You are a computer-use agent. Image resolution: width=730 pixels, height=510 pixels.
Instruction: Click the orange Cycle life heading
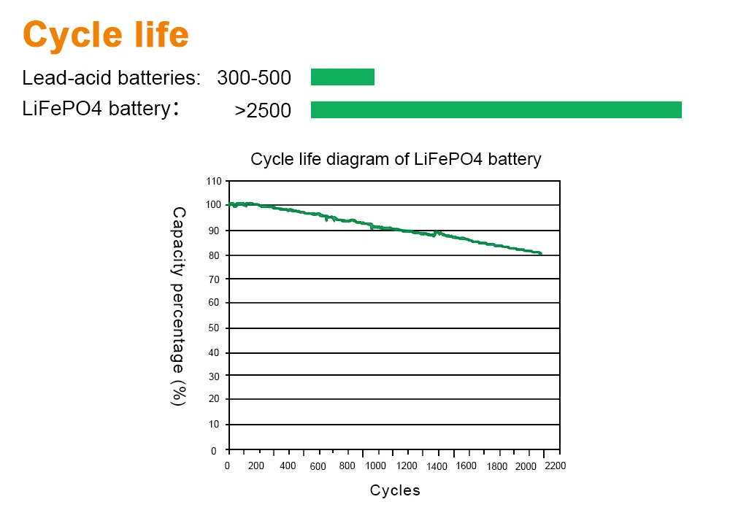(106, 34)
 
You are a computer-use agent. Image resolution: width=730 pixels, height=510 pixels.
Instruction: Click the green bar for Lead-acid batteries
(342, 77)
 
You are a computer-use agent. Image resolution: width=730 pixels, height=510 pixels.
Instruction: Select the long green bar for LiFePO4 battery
(496, 109)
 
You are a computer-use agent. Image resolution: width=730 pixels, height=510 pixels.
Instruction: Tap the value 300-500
(254, 78)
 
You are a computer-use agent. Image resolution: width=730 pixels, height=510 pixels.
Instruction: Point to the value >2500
(263, 111)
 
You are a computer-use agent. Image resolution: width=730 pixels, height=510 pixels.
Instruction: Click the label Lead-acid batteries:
(111, 78)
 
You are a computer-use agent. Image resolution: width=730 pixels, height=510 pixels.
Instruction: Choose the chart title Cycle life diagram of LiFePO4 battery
(396, 159)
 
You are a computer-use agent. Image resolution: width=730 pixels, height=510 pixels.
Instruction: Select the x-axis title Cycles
(395, 490)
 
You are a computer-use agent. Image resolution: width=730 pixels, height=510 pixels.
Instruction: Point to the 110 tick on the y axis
(212, 180)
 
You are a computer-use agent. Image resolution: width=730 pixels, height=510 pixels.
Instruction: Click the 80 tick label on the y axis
(214, 255)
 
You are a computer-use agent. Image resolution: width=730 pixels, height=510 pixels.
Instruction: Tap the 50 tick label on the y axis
(214, 328)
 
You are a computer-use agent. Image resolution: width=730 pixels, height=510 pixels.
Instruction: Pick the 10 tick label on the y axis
(214, 424)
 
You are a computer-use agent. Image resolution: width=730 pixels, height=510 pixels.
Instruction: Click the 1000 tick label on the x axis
(376, 466)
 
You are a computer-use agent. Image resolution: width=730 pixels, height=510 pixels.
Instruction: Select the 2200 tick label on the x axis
(555, 466)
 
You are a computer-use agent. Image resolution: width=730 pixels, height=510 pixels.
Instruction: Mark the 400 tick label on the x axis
(288, 466)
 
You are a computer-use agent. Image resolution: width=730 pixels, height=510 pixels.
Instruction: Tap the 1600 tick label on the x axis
(466, 466)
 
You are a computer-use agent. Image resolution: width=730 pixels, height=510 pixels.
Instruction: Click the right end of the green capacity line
(540, 253)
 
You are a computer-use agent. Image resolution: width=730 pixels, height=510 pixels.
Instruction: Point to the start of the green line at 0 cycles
(229, 204)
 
